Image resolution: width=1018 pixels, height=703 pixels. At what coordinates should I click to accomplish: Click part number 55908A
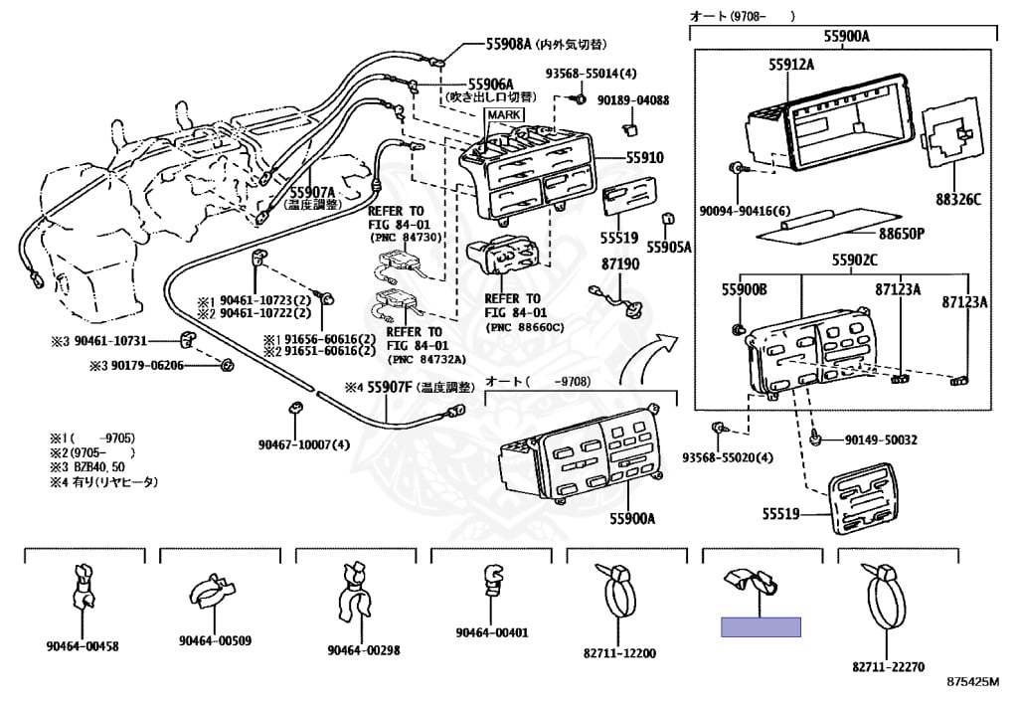pos(508,44)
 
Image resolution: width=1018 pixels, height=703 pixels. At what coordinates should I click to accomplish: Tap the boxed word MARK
pos(504,116)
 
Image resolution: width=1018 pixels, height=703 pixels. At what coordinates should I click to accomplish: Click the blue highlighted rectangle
pos(761,626)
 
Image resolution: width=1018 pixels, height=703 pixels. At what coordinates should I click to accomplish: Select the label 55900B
pos(745,289)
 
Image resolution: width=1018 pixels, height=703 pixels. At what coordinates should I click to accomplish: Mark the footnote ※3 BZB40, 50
pos(87,466)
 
